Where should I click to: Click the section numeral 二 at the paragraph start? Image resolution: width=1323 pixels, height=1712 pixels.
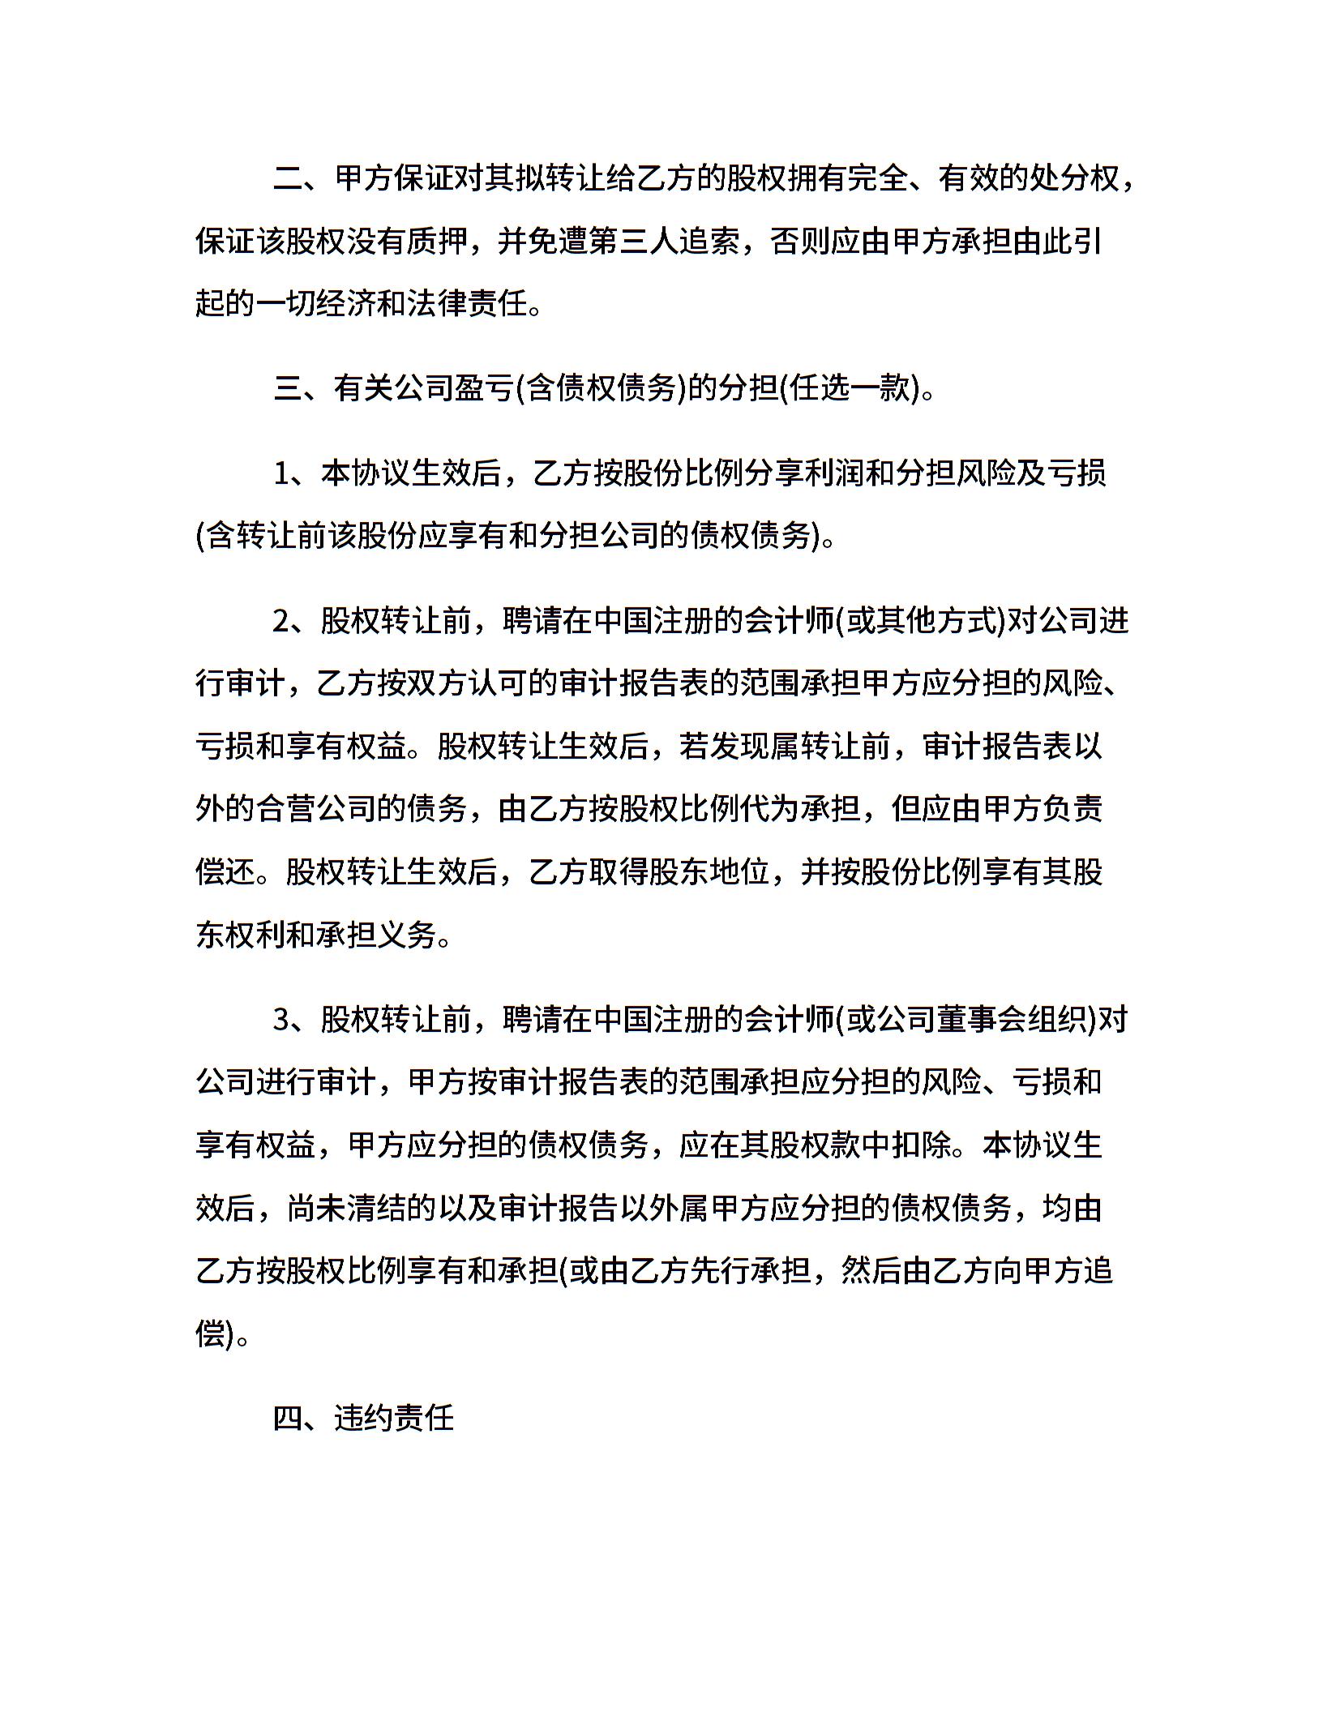pyautogui.click(x=288, y=178)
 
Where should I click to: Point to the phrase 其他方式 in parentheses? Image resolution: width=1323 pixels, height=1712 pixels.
pyautogui.click(x=919, y=622)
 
